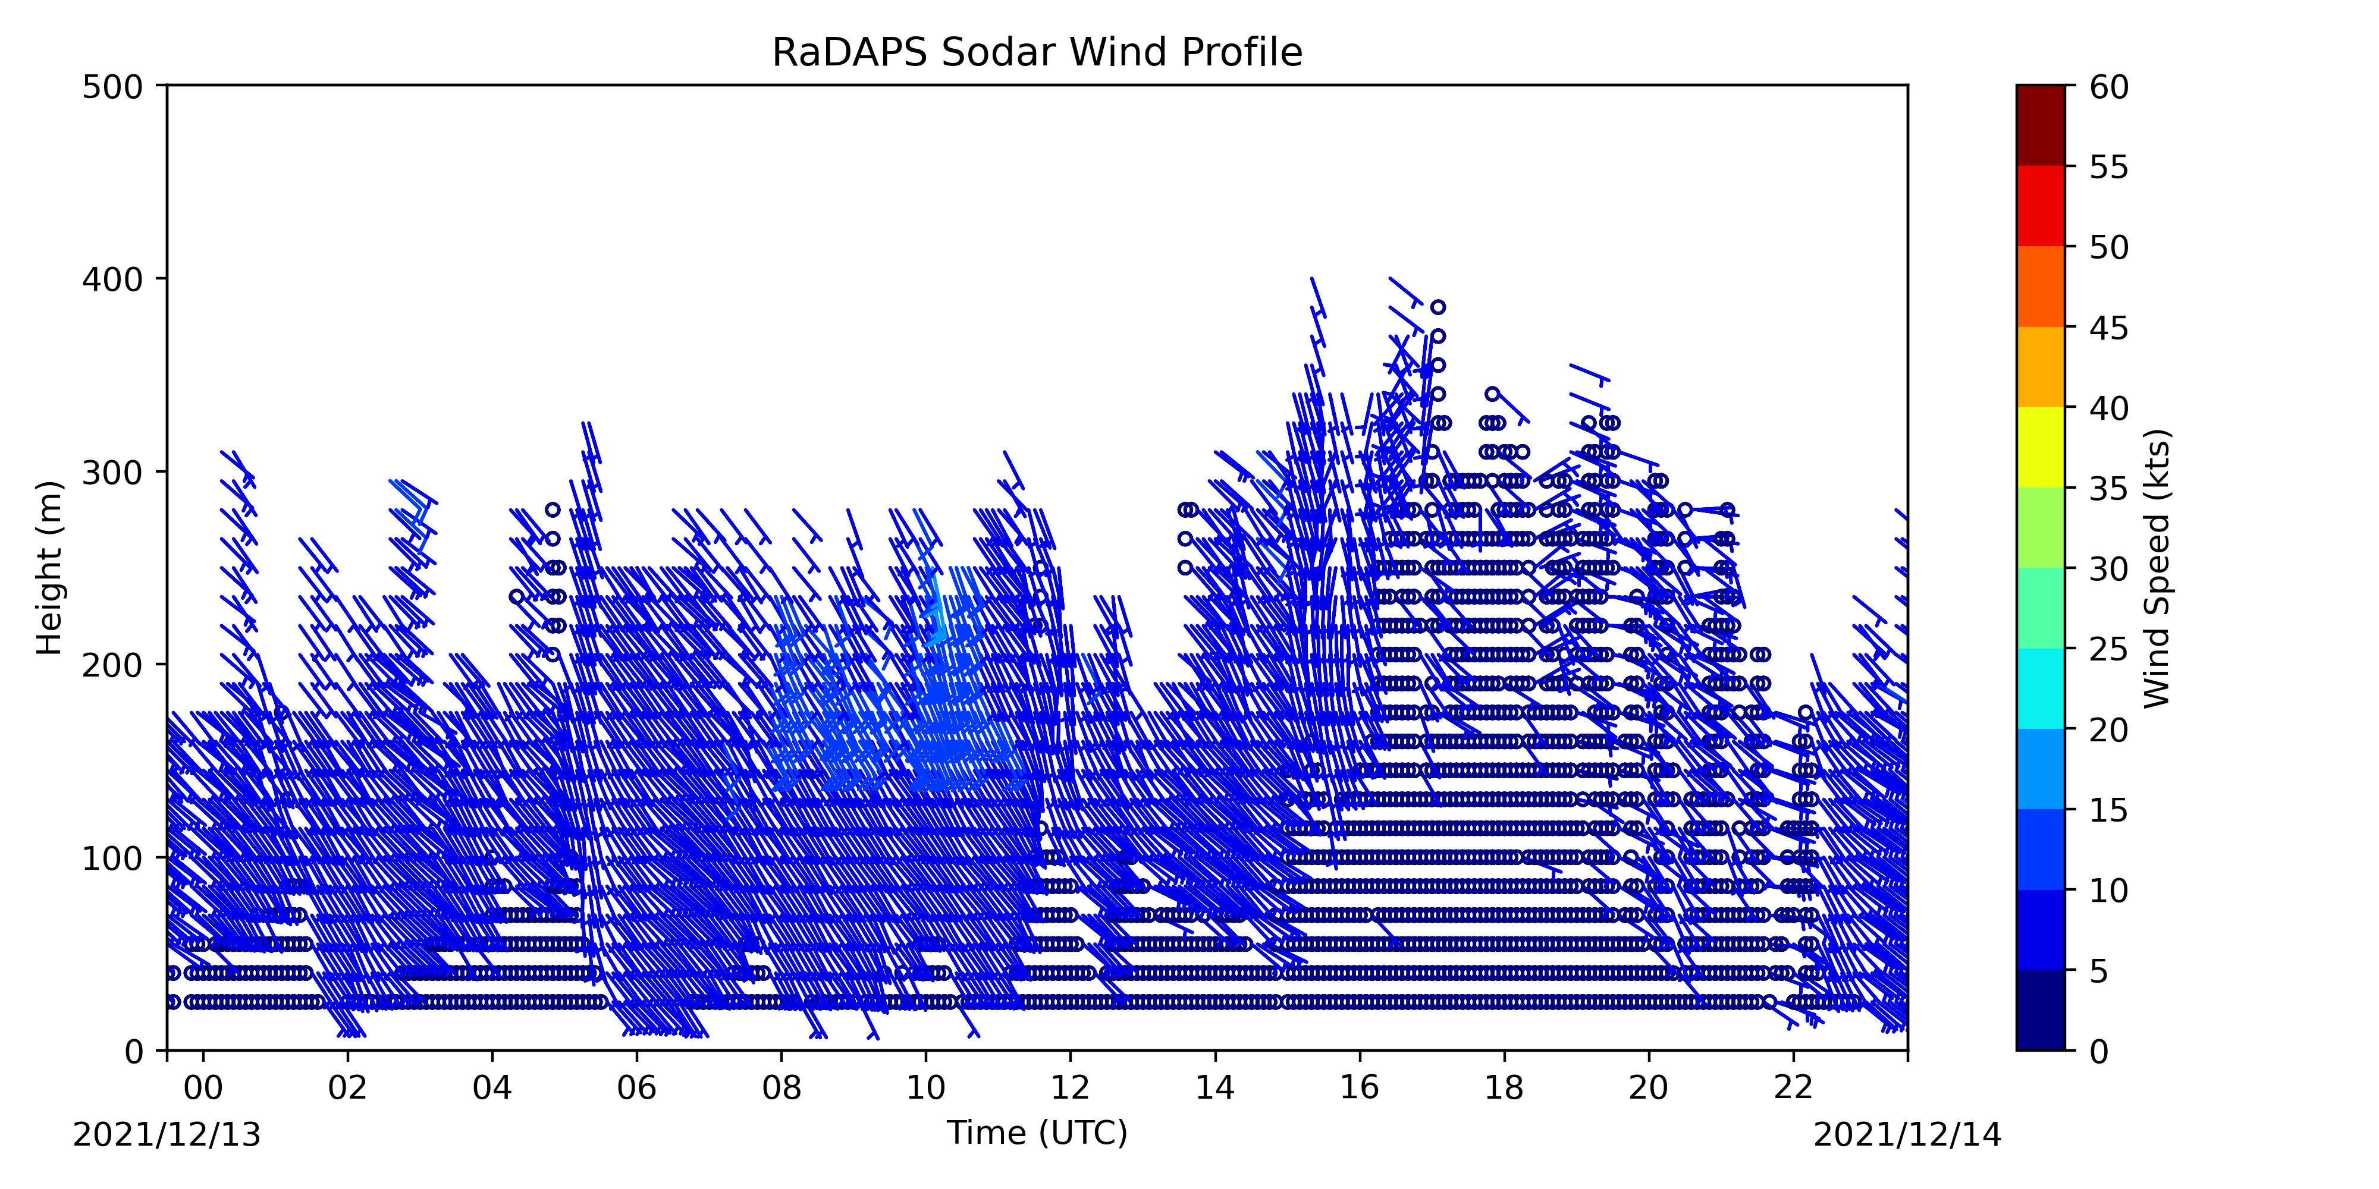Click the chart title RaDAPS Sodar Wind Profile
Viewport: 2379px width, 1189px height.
pyautogui.click(x=1037, y=53)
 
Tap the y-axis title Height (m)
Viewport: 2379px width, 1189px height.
pyautogui.click(x=50, y=568)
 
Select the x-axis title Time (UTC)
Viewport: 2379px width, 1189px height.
pyautogui.click(x=1037, y=1133)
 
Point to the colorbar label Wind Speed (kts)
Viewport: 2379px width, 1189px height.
pyautogui.click(x=2157, y=568)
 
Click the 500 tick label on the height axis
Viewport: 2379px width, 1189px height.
pyautogui.click(x=112, y=87)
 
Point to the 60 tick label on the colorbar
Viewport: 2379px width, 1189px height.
pyautogui.click(x=2110, y=87)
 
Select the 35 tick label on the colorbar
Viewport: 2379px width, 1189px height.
pyautogui.click(x=2110, y=488)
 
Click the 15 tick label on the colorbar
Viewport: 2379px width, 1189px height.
pyautogui.click(x=2110, y=810)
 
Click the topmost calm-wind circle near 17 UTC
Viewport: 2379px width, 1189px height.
pyautogui.click(x=1438, y=307)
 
